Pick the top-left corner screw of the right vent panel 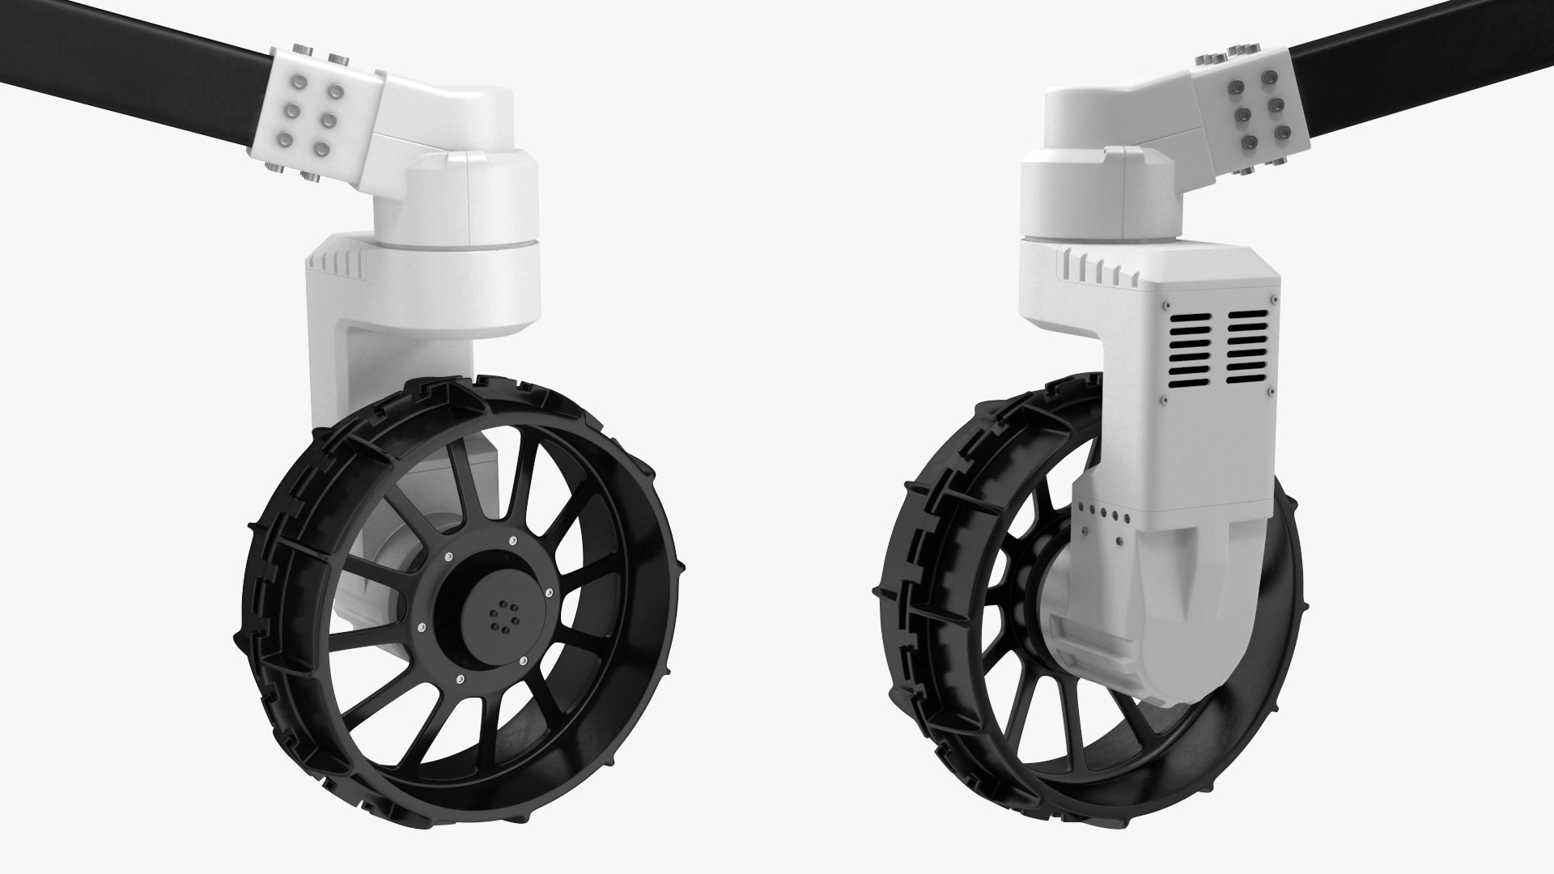(x=1166, y=306)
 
